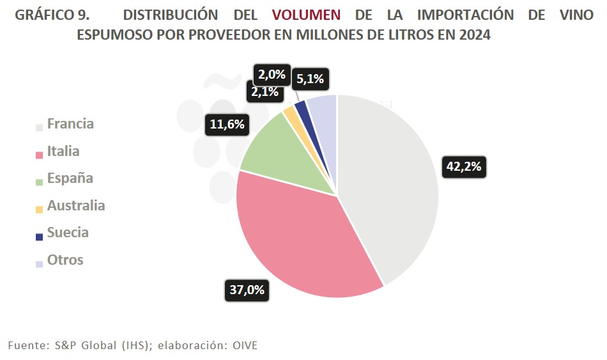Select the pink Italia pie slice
tap(300, 237)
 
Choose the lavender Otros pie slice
tap(321, 105)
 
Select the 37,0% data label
tap(247, 290)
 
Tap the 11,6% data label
tap(226, 124)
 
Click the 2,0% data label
tap(272, 74)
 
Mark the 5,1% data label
tap(311, 80)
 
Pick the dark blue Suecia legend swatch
tap(40, 237)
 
